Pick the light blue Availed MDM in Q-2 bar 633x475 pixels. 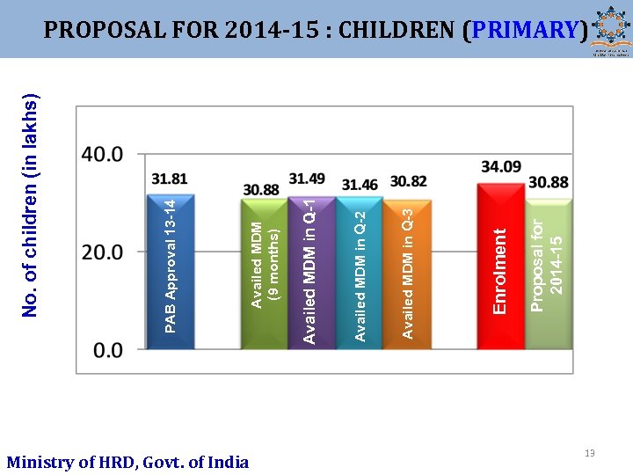click(360, 273)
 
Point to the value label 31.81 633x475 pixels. click(169, 179)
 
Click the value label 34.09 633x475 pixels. click(501, 165)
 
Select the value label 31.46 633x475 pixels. click(360, 185)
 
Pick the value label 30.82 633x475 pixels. click(408, 181)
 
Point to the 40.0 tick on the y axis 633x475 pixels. click(102, 154)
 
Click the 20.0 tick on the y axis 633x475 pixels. click(102, 252)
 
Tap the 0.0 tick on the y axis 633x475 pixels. click(107, 350)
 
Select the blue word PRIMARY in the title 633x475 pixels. click(525, 30)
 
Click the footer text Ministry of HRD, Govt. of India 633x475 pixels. click(127, 462)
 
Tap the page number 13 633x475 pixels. click(589, 453)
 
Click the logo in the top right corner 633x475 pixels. click(610, 29)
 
